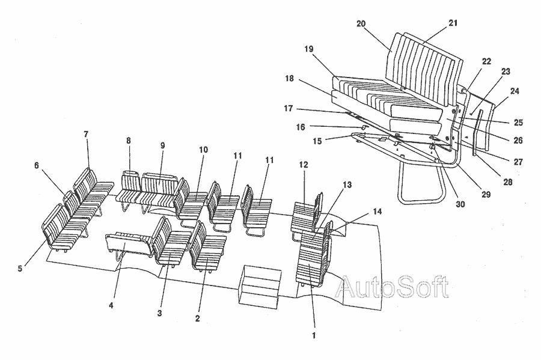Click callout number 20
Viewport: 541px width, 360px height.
coord(361,24)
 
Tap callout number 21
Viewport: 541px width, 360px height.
coord(453,23)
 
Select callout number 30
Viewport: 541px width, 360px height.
coord(460,204)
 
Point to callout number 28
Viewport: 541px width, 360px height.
coord(508,182)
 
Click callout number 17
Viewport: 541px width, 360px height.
coord(289,108)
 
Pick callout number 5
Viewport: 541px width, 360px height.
coord(20,269)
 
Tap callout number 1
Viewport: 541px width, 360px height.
coord(314,335)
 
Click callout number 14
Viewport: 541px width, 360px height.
coord(377,211)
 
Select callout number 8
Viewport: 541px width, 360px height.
coord(129,141)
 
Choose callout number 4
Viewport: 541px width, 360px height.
coord(111,305)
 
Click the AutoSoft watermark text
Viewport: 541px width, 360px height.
coord(393,286)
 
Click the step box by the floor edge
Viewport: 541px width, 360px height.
coord(260,287)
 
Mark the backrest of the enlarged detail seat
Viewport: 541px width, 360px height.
coord(424,69)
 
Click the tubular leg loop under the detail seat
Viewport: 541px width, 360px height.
coord(402,183)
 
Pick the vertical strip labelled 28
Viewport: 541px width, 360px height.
coord(478,132)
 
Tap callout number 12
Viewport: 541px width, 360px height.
coord(304,165)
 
